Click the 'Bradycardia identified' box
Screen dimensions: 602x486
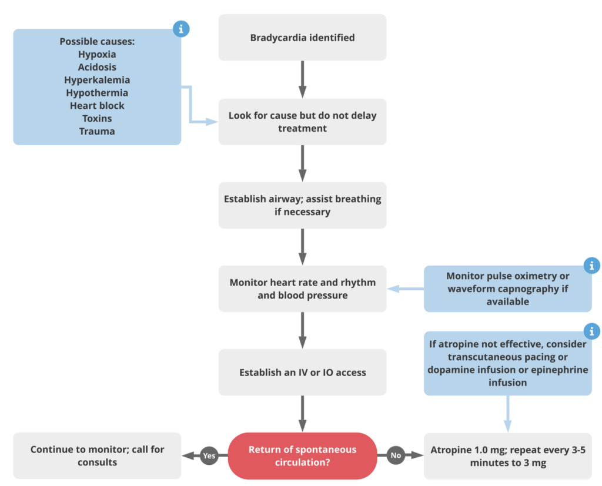pos(303,38)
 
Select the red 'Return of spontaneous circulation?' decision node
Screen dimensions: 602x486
pos(303,455)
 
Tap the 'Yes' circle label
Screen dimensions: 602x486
pos(209,455)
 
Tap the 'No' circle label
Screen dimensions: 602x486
pos(396,455)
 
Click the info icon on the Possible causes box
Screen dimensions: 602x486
pos(181,29)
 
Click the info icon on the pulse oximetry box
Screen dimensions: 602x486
pos(591,265)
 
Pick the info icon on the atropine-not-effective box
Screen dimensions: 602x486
pos(591,331)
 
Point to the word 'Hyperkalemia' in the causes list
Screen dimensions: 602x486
pos(97,80)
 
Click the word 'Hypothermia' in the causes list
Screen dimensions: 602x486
pos(97,93)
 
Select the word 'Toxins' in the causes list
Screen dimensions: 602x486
pos(97,119)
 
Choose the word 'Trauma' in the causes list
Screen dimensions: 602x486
pos(97,131)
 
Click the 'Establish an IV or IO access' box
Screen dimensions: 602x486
pos(303,373)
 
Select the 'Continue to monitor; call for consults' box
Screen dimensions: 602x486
pos(97,455)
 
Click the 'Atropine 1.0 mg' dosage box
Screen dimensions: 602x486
pos(508,456)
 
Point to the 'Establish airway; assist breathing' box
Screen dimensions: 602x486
pos(303,205)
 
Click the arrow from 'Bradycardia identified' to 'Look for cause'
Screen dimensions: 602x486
pos(303,79)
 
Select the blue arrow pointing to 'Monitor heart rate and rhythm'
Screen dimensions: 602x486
pos(406,289)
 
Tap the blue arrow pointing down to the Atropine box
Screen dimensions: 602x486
pos(507,414)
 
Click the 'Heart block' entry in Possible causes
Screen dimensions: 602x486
pos(97,106)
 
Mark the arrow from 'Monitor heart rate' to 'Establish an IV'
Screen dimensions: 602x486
pos(303,330)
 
